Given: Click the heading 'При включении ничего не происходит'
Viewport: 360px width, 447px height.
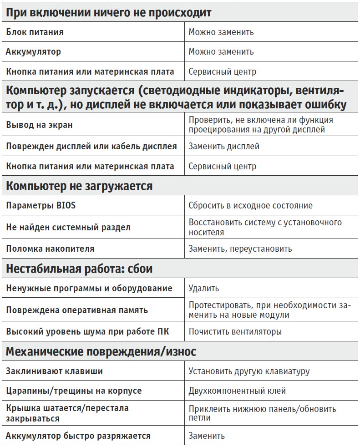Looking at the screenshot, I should coord(109,13).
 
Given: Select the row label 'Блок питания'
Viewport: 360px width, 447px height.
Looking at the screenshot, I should coord(35,32).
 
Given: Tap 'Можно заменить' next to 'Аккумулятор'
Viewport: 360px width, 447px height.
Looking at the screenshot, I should coord(221,52).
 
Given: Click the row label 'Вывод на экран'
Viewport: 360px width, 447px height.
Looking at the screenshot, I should coord(39,125).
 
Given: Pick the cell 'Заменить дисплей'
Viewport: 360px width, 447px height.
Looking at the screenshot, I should coord(224,147).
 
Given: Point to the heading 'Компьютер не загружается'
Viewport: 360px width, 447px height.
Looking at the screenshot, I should coord(79,186).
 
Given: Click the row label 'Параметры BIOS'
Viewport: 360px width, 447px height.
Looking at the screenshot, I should coord(41,205).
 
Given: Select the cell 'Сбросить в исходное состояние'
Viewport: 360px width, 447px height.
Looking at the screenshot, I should coord(251,205).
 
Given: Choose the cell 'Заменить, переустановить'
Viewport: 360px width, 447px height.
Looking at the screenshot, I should coord(240,249).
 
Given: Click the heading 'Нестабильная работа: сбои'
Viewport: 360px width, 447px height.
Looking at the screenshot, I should coord(79,269).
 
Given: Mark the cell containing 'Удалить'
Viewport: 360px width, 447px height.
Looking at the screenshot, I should coord(204,288).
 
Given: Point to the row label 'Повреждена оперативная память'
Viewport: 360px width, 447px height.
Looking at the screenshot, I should coord(77,310).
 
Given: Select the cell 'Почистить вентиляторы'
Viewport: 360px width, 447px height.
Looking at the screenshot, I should coord(235,331).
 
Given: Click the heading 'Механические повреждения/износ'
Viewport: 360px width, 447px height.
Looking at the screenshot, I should coord(101,351).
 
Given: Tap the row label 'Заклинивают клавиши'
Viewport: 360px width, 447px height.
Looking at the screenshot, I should coord(54,371).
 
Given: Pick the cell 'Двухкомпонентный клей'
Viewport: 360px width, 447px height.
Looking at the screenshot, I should coord(237,391).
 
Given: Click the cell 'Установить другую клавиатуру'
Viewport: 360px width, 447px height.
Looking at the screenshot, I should coord(249,371).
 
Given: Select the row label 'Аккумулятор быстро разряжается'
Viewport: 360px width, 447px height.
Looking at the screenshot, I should coord(78,436).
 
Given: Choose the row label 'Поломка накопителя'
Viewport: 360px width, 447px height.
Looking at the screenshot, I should coord(50,249).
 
